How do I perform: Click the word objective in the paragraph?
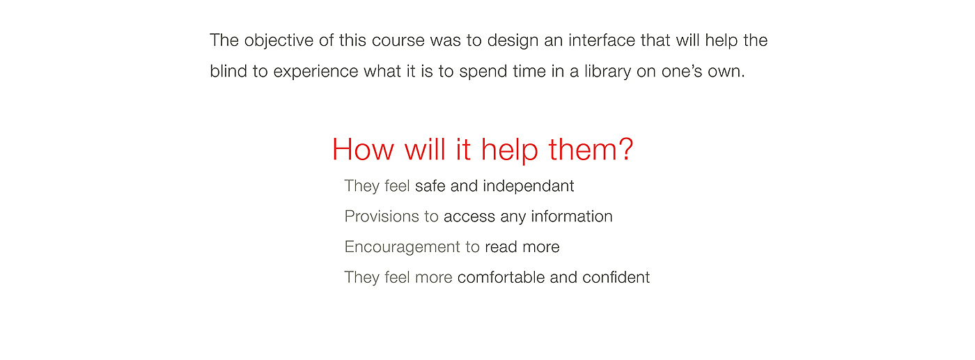coord(279,41)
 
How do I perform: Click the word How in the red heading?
coord(363,150)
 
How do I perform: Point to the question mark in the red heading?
coord(625,149)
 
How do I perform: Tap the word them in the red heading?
coord(582,149)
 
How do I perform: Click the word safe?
coord(430,186)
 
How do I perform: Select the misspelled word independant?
coord(528,187)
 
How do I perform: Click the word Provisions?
coord(382,217)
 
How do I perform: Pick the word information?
coord(572,217)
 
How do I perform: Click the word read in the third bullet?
coord(501,246)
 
